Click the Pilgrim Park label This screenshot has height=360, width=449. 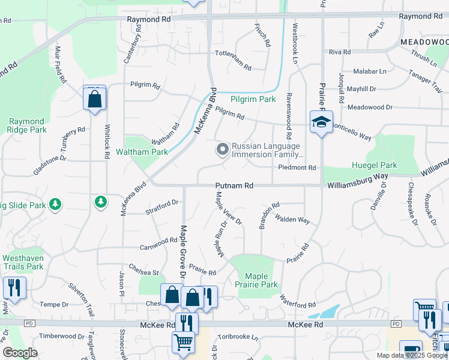click(x=253, y=99)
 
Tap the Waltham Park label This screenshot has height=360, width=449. click(x=142, y=152)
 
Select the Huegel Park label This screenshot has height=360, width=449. click(x=374, y=165)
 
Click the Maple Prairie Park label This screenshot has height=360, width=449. click(x=256, y=280)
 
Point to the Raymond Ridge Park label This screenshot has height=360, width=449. click(x=28, y=125)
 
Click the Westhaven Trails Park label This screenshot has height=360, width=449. click(x=23, y=262)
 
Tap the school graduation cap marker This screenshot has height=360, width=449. click(x=321, y=122)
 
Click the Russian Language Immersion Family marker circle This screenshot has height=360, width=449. click(x=223, y=149)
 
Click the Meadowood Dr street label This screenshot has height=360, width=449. click(x=370, y=107)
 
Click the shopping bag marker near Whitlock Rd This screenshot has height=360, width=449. click(x=95, y=99)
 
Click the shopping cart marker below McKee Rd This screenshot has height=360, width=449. click(x=183, y=342)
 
